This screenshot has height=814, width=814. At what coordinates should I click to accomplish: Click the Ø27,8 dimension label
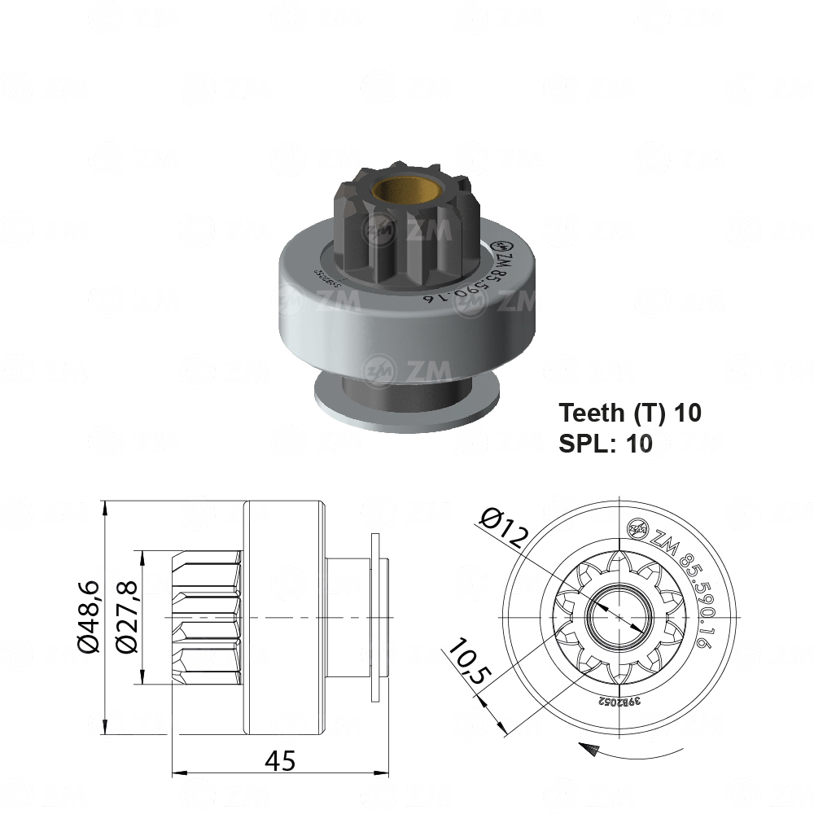[x=126, y=617]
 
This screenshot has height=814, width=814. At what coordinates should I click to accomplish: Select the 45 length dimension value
[x=281, y=761]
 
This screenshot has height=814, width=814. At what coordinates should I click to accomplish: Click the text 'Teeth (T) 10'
[x=630, y=413]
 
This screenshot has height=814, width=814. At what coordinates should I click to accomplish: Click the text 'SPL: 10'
[x=606, y=444]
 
